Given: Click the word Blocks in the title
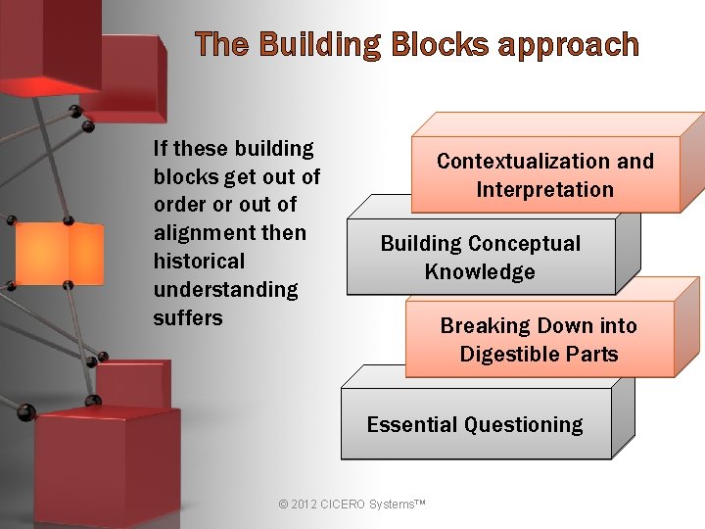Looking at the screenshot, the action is pos(439,45).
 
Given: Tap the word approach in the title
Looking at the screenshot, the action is pos(568,46).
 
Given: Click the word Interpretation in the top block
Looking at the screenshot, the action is pos(545,190).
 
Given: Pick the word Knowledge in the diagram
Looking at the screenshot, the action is pos(480,272).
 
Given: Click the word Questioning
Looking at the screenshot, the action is pos(525,425).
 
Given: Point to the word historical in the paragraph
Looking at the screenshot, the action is pos(199,262).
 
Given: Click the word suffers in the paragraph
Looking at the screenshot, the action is pos(188,318).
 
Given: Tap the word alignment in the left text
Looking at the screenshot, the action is pos(203,233).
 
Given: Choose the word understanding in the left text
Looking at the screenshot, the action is pos(225,290).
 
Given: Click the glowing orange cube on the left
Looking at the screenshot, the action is pos(60,254).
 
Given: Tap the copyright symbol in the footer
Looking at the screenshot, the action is pos(284,505).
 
